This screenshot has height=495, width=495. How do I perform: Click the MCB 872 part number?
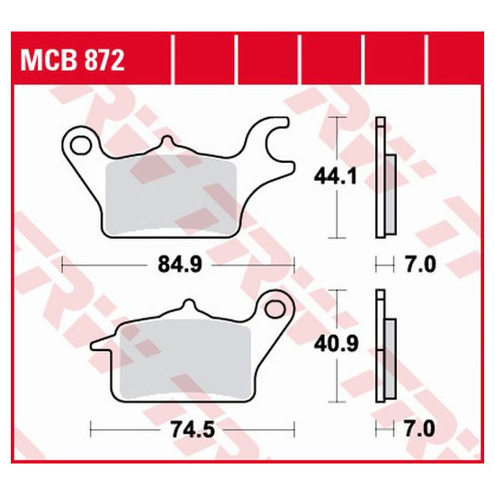[x=72, y=60]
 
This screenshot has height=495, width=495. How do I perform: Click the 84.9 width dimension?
[x=180, y=265]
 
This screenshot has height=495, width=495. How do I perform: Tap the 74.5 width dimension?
[x=193, y=429]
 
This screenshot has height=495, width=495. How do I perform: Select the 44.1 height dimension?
[x=336, y=176]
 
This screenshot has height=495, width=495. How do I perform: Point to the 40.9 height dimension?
[x=337, y=344]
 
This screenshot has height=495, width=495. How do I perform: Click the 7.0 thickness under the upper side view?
[x=420, y=265]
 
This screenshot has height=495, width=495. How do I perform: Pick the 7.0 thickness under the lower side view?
[x=420, y=429]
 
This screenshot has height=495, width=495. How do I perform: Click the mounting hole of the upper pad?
[x=80, y=146]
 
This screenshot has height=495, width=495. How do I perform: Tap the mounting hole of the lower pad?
[x=274, y=309]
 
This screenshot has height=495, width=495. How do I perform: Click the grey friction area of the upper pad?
[x=171, y=195]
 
